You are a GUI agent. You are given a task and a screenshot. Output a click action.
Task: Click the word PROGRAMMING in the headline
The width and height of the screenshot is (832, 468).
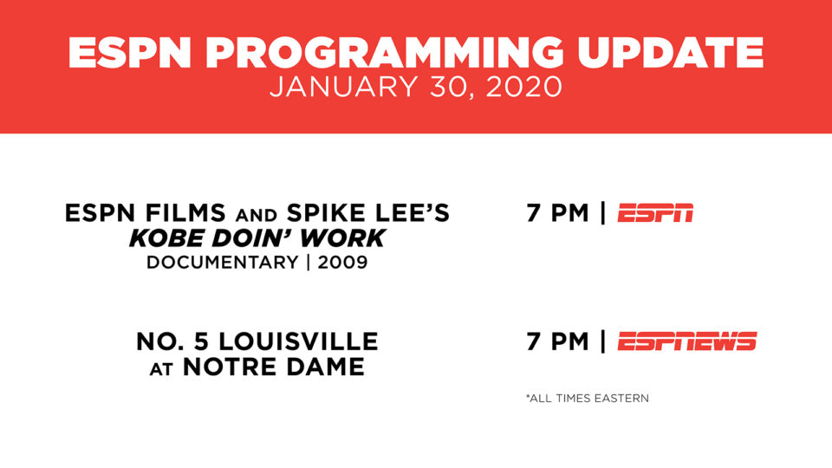pyautogui.click(x=384, y=53)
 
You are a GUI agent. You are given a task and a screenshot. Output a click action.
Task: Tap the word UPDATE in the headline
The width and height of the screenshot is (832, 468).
pyautogui.click(x=670, y=53)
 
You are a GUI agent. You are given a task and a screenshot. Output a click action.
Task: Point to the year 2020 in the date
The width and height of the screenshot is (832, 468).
pyautogui.click(x=523, y=87)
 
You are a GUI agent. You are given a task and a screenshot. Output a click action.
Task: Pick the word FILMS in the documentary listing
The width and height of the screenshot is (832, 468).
pyautogui.click(x=185, y=213)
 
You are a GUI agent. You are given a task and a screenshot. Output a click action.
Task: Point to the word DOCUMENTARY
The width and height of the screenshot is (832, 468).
pyautogui.click(x=223, y=263)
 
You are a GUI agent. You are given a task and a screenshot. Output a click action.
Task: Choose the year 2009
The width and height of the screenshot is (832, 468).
pyautogui.click(x=343, y=263)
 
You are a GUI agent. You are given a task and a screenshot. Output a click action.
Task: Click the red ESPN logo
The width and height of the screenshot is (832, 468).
pyautogui.click(x=655, y=213)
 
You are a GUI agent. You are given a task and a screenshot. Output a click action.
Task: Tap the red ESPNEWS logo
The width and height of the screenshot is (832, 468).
pyautogui.click(x=687, y=341)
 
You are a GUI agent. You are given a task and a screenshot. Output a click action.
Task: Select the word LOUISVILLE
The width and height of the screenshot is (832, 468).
pyautogui.click(x=298, y=341)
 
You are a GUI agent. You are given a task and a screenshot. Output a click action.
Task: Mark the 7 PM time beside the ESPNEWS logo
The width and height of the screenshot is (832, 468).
pyautogui.click(x=557, y=341)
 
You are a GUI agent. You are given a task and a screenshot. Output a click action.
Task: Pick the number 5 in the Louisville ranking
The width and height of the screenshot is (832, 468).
pyautogui.click(x=202, y=341)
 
